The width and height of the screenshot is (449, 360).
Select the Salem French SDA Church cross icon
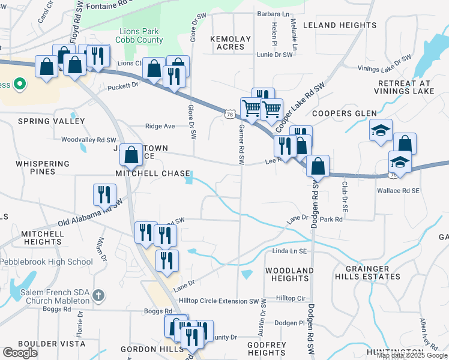(x=99, y=296)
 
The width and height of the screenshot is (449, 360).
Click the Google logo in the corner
(x=20, y=353)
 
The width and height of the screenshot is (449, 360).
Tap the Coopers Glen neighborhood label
(x=344, y=113)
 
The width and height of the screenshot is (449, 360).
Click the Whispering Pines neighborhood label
(x=43, y=167)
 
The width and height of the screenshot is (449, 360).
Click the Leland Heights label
(x=339, y=25)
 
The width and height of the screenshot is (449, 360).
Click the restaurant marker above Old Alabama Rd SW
(x=105, y=194)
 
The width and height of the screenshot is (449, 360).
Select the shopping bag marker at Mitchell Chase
(x=131, y=155)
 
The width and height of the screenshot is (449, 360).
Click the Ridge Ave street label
(x=160, y=127)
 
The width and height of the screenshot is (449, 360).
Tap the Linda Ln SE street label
(x=290, y=251)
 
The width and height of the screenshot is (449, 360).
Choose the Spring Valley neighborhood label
(x=51, y=121)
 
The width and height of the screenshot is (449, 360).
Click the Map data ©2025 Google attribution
(x=412, y=355)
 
